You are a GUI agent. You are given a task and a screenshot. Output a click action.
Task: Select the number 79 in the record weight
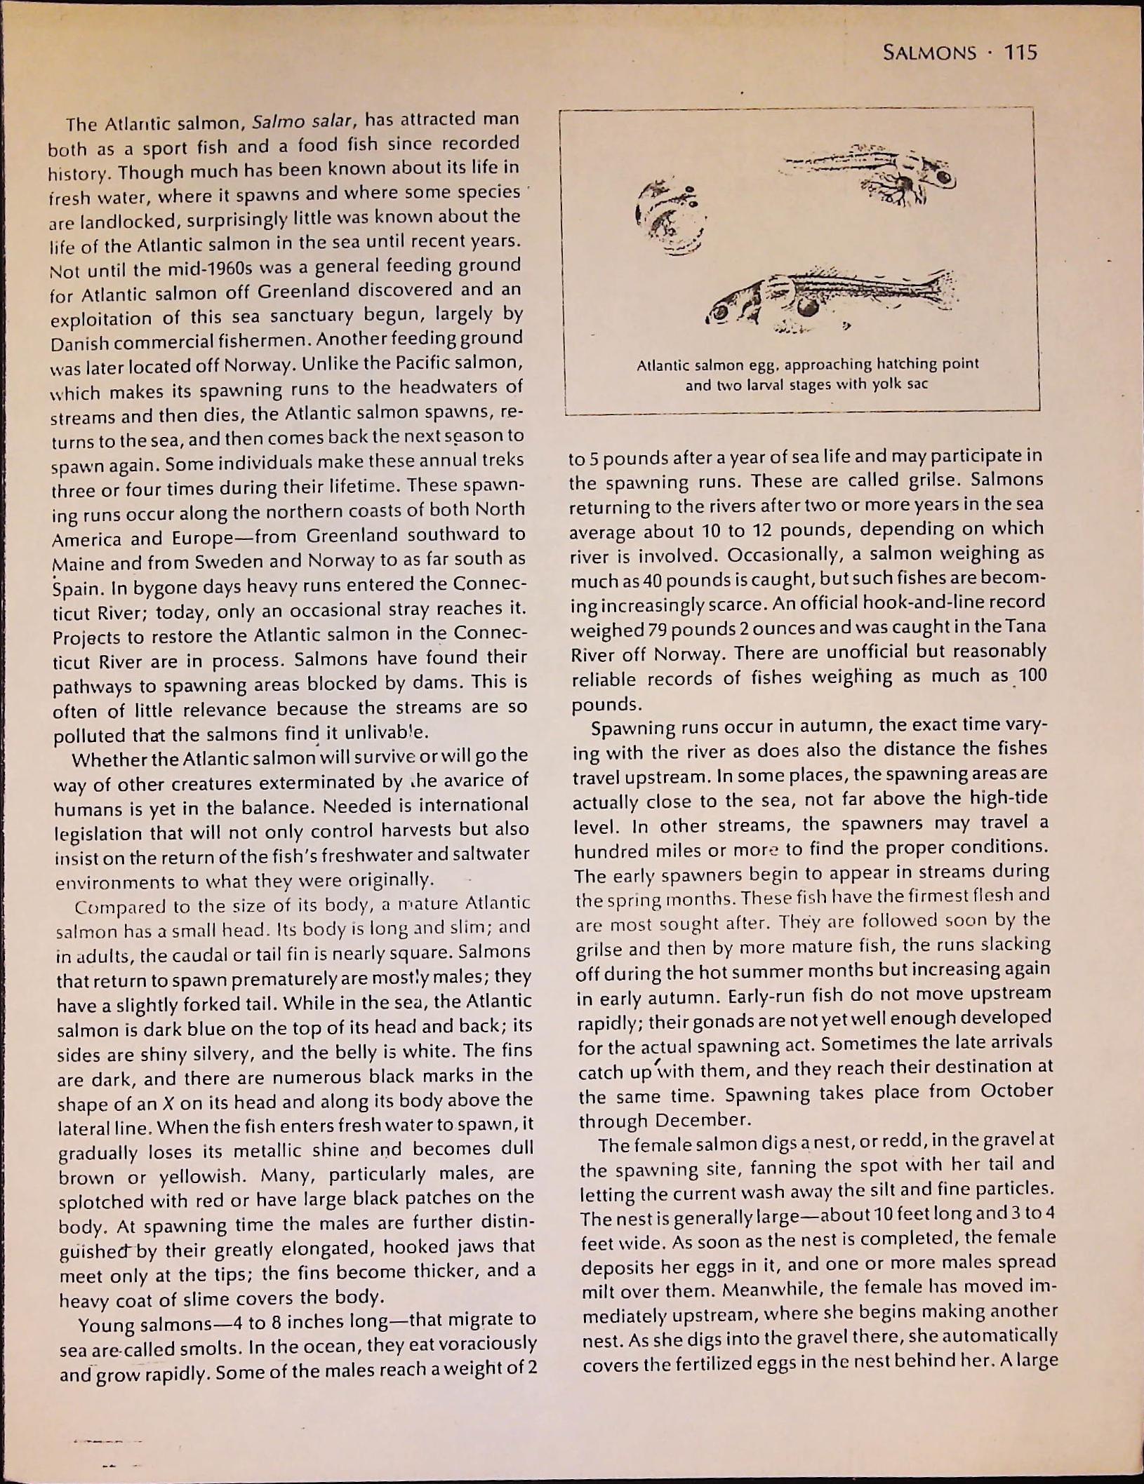[x=656, y=629]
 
